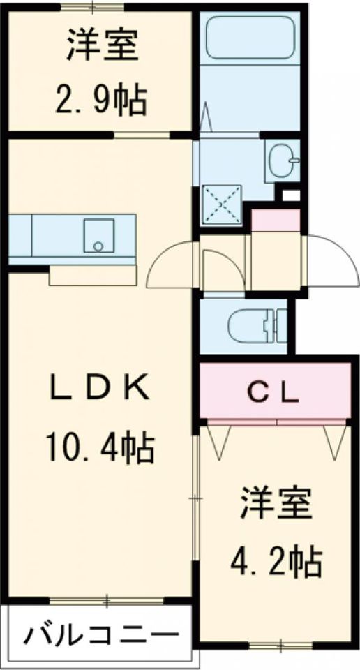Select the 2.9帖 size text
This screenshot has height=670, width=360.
click(x=101, y=100)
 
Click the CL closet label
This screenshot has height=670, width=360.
click(x=273, y=394)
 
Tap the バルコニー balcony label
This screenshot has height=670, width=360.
click(x=100, y=636)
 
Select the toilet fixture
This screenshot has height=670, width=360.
click(x=257, y=327)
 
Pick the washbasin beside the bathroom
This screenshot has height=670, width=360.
click(x=283, y=161)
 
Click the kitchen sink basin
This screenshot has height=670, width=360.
click(x=98, y=236)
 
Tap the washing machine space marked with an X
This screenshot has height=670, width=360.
click(x=221, y=204)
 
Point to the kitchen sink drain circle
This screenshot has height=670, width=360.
click(x=98, y=246)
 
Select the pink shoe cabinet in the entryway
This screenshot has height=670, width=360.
click(x=276, y=220)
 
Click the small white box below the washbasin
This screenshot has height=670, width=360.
click(x=291, y=195)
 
